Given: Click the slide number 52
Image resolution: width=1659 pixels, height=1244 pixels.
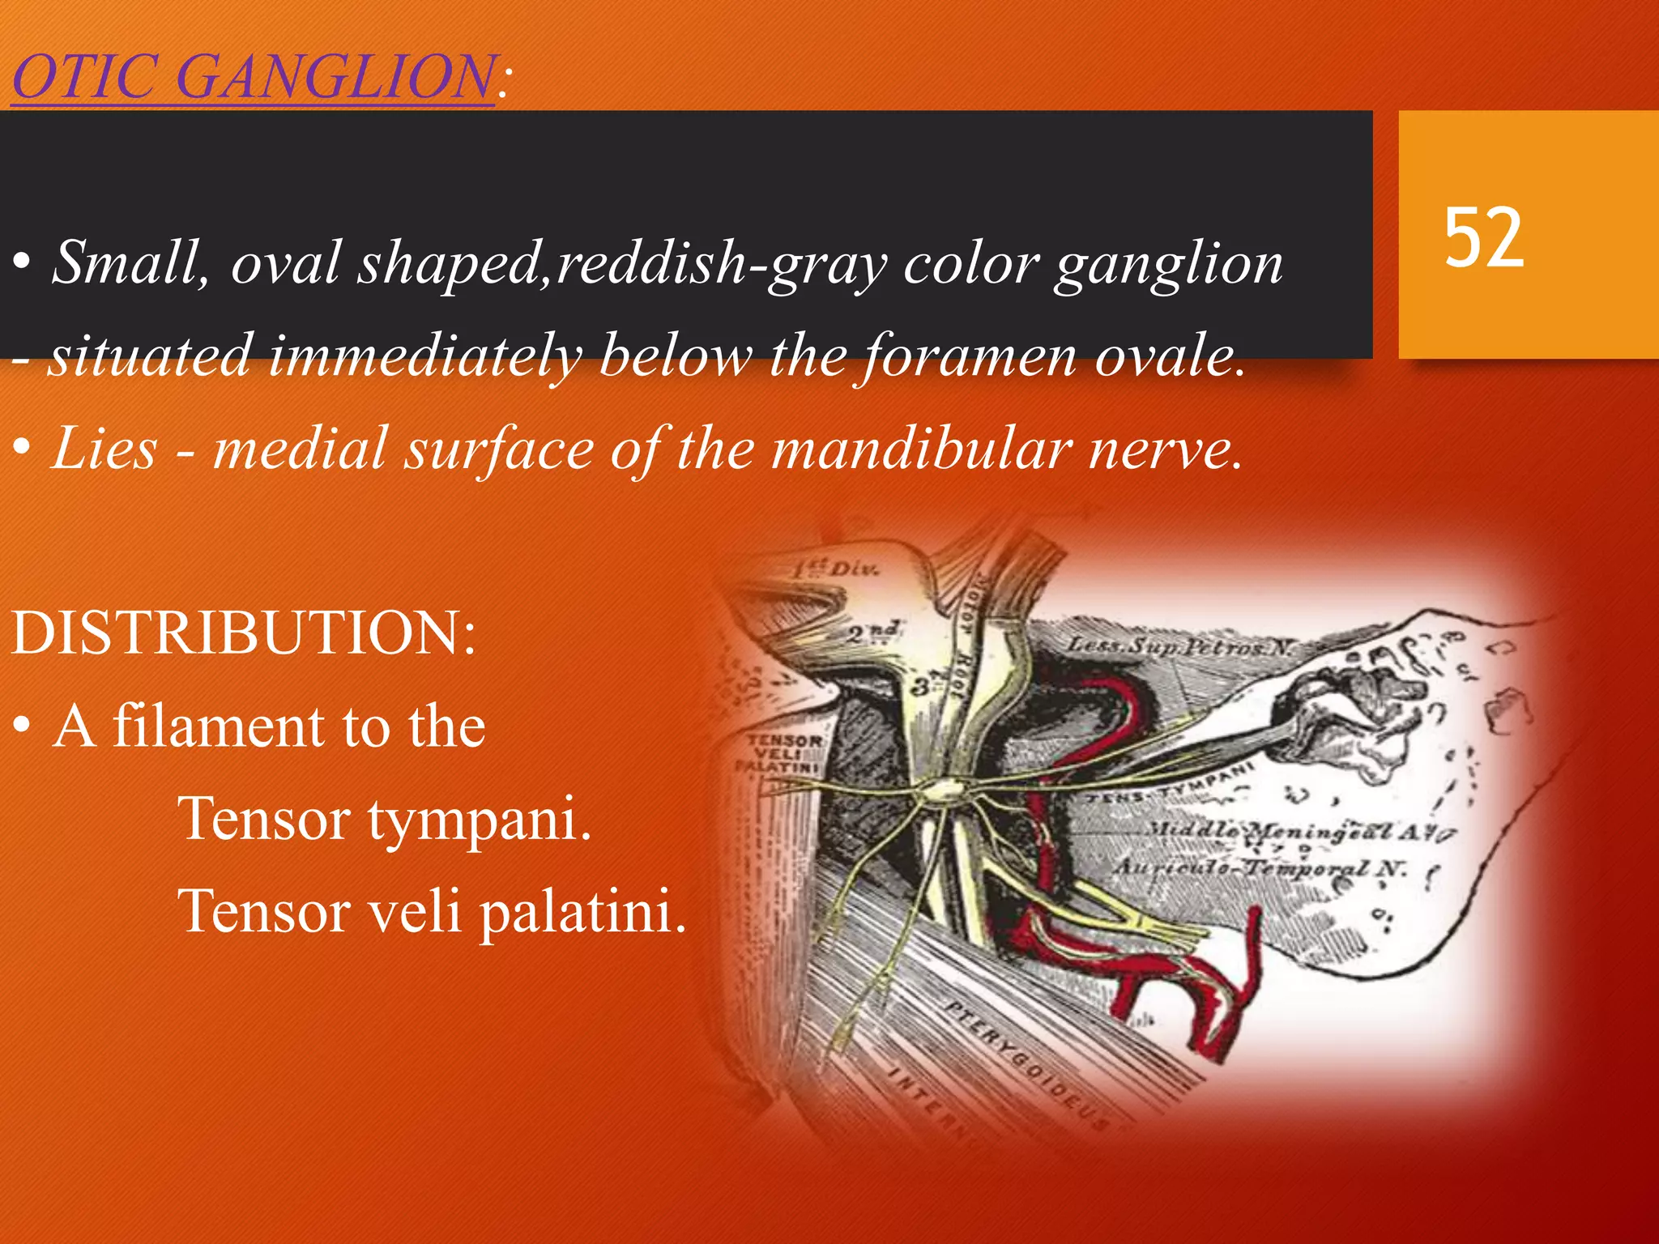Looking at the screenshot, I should click(1484, 236).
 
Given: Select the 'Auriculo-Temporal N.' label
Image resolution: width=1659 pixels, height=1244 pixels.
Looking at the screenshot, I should click(1260, 867).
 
